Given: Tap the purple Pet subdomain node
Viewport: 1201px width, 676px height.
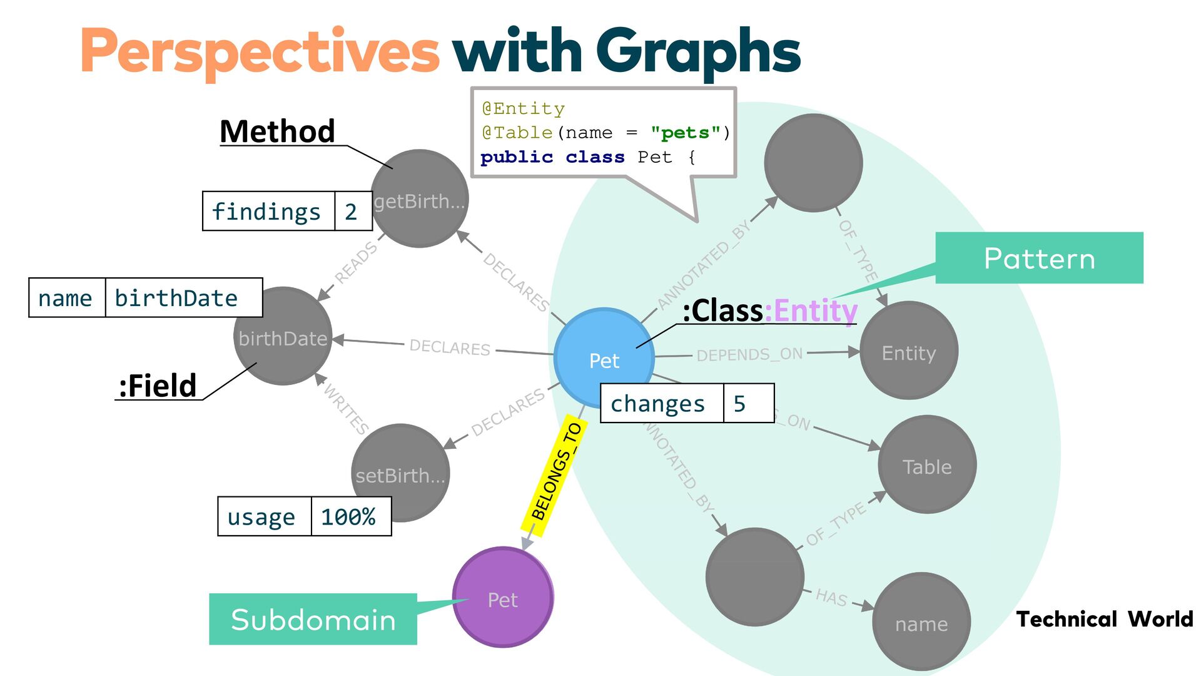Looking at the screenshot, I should (503, 598).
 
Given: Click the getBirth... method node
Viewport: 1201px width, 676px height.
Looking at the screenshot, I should (420, 199).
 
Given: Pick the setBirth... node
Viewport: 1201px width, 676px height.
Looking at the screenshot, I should (400, 473).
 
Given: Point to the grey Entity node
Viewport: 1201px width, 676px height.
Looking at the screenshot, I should (909, 351).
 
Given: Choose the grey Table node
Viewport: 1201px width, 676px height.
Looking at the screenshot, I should (927, 465).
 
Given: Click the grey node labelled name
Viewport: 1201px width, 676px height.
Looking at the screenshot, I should (921, 622).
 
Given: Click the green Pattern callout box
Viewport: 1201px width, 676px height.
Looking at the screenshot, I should (1039, 258).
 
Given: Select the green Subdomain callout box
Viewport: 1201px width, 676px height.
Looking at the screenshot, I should (313, 619).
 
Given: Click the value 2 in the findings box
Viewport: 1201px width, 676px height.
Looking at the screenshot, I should (351, 212).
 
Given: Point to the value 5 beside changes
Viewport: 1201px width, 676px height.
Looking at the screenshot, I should (739, 404).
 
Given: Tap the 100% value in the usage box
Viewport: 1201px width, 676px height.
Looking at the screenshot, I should (348, 517).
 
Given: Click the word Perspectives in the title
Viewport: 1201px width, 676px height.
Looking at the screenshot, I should (260, 51).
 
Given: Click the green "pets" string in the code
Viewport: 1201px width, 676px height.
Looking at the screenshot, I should (681, 133).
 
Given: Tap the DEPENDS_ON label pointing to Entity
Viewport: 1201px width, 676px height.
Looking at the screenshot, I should (749, 354).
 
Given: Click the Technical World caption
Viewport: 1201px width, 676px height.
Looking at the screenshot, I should (1105, 619).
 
